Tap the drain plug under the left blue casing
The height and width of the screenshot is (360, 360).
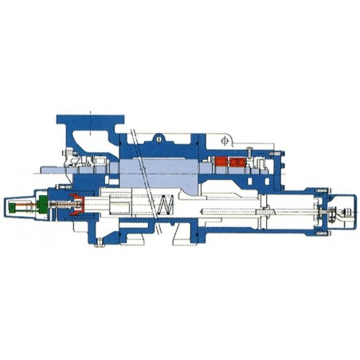point(100,244)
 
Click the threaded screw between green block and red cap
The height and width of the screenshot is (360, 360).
point(56,207)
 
